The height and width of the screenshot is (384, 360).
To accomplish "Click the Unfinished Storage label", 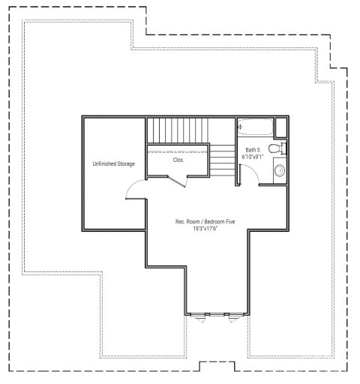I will click(x=113, y=163).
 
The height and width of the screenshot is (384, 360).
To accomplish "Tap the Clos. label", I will click(x=178, y=160).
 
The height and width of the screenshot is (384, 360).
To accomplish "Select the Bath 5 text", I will click(x=252, y=150).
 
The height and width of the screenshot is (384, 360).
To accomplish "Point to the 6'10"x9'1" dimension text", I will click(x=253, y=158).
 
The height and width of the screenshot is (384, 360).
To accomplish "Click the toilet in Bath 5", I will click(x=277, y=149).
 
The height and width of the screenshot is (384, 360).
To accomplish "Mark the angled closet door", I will click(x=177, y=180).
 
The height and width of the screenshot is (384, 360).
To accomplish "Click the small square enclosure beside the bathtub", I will click(x=280, y=126).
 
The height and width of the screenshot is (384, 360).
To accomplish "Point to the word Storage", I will click(x=124, y=163).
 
